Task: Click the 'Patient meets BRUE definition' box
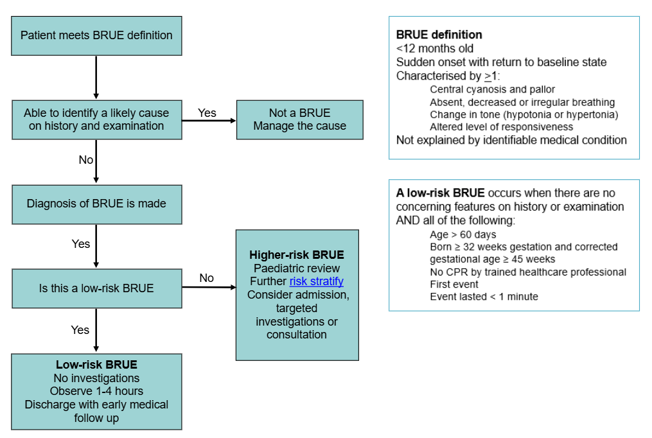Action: [96, 35]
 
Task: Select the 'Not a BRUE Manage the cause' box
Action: [299, 119]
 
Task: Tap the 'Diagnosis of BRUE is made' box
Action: [96, 204]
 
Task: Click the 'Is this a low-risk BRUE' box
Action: [96, 288]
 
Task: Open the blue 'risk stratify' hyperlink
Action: [316, 281]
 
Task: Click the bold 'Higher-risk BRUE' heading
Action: [297, 254]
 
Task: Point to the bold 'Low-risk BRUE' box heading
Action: [96, 365]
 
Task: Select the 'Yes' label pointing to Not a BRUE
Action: [207, 112]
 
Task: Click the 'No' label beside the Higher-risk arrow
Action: [206, 278]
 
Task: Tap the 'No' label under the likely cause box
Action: [86, 160]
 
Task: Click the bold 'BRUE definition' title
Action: [439, 35]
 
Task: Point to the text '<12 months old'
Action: [435, 48]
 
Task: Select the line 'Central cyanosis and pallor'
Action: [492, 89]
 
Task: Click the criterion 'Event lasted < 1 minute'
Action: [484, 296]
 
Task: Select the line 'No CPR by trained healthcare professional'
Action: [527, 272]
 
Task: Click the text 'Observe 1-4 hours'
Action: [96, 391]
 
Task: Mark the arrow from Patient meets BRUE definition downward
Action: [96, 77]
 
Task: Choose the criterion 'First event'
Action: [454, 284]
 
